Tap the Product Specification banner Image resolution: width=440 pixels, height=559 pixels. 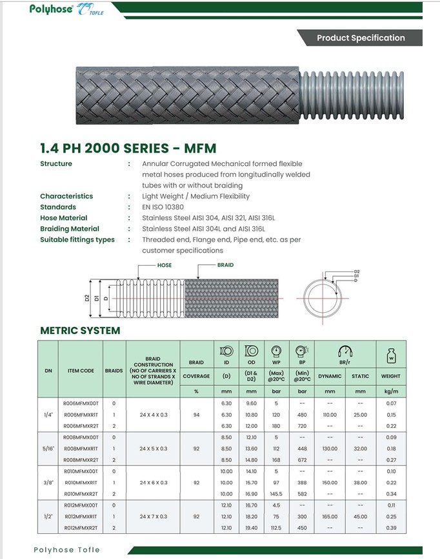coord(361,38)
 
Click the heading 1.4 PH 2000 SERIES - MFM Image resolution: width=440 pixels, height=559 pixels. coord(128,148)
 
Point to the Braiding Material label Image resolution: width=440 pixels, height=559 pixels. coord(70,229)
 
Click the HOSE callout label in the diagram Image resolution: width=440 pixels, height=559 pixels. coord(164,265)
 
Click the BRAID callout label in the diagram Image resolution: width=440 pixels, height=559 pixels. coord(225,265)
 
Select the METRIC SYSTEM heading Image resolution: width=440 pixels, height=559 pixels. coord(80,330)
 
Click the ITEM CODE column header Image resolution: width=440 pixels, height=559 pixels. coord(81,371)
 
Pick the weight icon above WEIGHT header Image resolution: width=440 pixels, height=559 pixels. coord(390,355)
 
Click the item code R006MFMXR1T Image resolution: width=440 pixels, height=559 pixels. coord(81,415)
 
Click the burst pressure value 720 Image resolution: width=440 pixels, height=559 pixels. coord(301,426)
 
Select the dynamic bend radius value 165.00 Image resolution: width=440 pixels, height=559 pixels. coord(330,517)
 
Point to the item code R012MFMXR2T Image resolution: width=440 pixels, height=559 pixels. coord(81,528)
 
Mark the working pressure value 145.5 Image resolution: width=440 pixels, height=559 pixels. coord(276,494)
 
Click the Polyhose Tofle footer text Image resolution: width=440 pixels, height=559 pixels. coord(67,549)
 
